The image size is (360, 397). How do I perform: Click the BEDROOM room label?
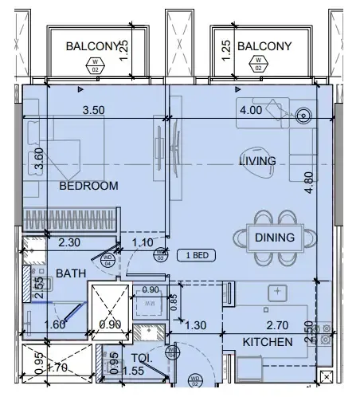pos(88,186)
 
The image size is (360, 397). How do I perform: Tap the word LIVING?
pos(257,161)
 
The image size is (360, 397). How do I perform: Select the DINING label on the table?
pos(275,238)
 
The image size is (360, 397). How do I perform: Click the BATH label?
pos(71,273)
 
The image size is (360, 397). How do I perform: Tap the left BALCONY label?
pos(92,45)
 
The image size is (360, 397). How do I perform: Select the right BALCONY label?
pos(264,45)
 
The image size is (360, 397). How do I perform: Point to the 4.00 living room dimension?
pos(251,110)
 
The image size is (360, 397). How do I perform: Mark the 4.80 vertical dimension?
pos(309,175)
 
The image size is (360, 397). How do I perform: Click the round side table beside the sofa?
pos(303,116)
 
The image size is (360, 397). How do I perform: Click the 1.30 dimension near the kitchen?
pos(195,325)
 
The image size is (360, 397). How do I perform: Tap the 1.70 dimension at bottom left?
pos(57,369)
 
